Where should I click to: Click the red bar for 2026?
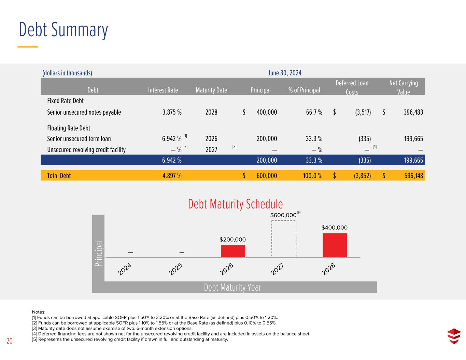click(x=233, y=251)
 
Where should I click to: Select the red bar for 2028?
click(x=335, y=245)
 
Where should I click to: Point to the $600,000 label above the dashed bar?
click(x=283, y=215)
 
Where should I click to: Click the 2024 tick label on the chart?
click(x=124, y=269)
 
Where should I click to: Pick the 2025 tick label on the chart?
click(x=175, y=269)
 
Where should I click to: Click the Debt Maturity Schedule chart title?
click(x=236, y=204)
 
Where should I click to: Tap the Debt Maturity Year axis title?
click(x=233, y=287)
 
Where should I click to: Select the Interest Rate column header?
click(x=163, y=90)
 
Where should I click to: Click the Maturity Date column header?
click(x=211, y=90)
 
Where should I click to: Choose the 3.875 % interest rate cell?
click(x=172, y=112)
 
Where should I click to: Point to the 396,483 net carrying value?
click(x=413, y=112)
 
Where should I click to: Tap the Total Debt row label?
click(x=59, y=176)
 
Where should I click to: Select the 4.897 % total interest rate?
click(x=172, y=176)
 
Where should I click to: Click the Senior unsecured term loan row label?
click(x=79, y=139)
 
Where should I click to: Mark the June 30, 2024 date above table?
click(x=285, y=73)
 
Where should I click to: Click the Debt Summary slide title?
click(x=63, y=30)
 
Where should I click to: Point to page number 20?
click(x=10, y=341)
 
